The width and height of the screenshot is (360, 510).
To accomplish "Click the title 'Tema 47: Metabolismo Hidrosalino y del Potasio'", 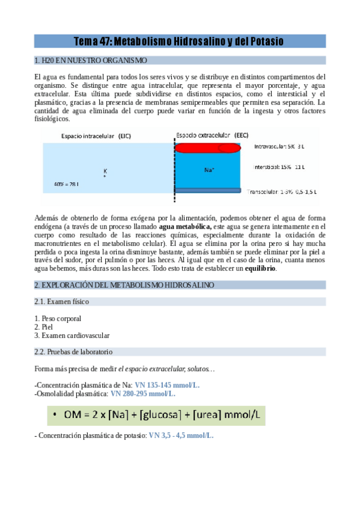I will tap(178, 41).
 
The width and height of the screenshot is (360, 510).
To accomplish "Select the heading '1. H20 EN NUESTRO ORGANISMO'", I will tap(90, 61).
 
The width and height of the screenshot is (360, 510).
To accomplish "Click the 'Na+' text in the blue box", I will tap(209, 170).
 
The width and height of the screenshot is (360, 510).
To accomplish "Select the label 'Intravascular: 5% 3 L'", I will tap(280, 146).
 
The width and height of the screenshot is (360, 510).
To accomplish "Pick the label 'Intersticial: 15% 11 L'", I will tap(280, 167).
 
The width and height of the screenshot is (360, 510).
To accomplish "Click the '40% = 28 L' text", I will tap(66, 183).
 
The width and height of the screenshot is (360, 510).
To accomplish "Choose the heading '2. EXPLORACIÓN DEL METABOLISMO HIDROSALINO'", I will tap(124, 284).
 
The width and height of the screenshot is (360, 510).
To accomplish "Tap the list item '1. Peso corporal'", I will tap(58, 318).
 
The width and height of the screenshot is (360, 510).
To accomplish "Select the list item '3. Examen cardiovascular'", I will tap(72, 335).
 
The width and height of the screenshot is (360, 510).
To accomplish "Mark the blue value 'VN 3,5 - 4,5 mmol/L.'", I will tap(181, 435).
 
